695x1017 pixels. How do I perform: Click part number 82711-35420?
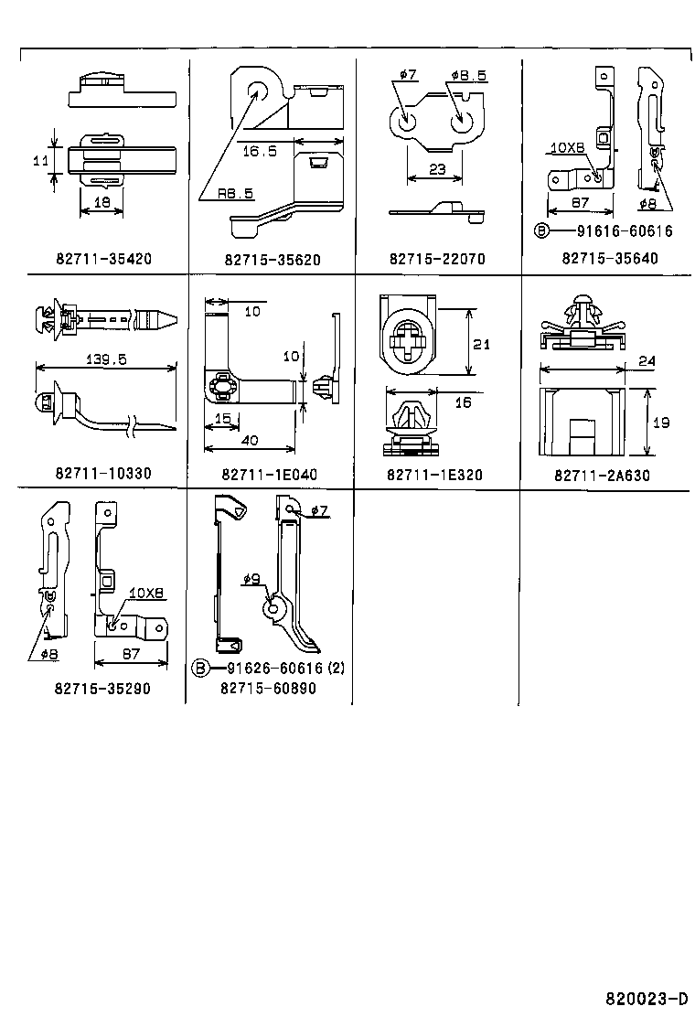click(102, 259)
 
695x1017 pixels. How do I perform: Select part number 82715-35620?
click(272, 259)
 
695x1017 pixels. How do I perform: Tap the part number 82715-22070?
click(436, 259)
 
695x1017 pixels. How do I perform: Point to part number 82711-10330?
click(102, 474)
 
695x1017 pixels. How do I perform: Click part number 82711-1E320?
click(435, 475)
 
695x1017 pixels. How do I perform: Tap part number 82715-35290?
click(102, 688)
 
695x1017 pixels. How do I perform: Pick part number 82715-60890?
click(268, 688)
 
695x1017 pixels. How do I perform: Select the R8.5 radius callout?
click(235, 193)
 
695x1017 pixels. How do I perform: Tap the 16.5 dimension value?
click(258, 151)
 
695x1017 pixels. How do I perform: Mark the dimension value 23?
click(436, 170)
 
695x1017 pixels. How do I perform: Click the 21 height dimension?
click(483, 344)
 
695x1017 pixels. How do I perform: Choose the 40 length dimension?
click(249, 441)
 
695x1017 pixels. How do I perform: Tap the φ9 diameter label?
click(253, 578)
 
